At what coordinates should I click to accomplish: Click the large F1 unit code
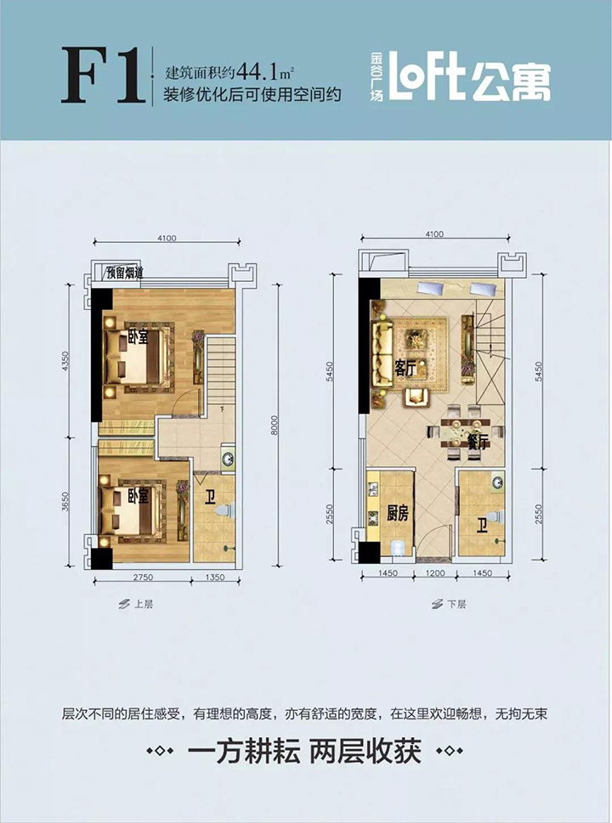(103, 76)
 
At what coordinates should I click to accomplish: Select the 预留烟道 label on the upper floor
(125, 273)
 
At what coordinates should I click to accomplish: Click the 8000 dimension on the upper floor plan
(275, 426)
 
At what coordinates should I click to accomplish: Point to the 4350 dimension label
(65, 361)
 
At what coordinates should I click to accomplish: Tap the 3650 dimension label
(65, 502)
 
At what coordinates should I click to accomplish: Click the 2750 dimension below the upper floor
(142, 578)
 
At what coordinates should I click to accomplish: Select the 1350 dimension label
(214, 578)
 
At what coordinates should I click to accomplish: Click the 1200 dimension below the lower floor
(435, 573)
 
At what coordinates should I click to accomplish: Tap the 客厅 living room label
(405, 369)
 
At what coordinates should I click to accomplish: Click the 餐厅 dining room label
(478, 443)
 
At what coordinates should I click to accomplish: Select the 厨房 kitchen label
(398, 513)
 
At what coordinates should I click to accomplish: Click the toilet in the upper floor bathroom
(227, 509)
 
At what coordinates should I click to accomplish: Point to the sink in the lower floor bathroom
(497, 482)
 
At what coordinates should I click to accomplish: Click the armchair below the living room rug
(416, 397)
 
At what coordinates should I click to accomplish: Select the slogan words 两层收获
(365, 751)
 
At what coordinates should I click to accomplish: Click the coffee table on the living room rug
(416, 340)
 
